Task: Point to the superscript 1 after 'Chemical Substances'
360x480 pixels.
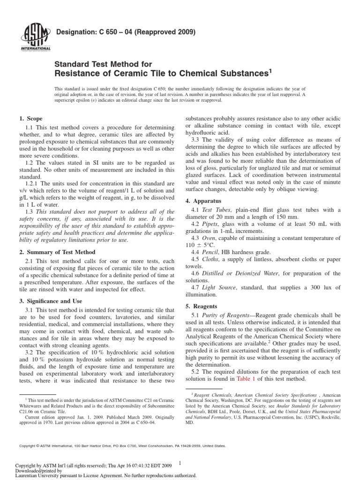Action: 270,70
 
